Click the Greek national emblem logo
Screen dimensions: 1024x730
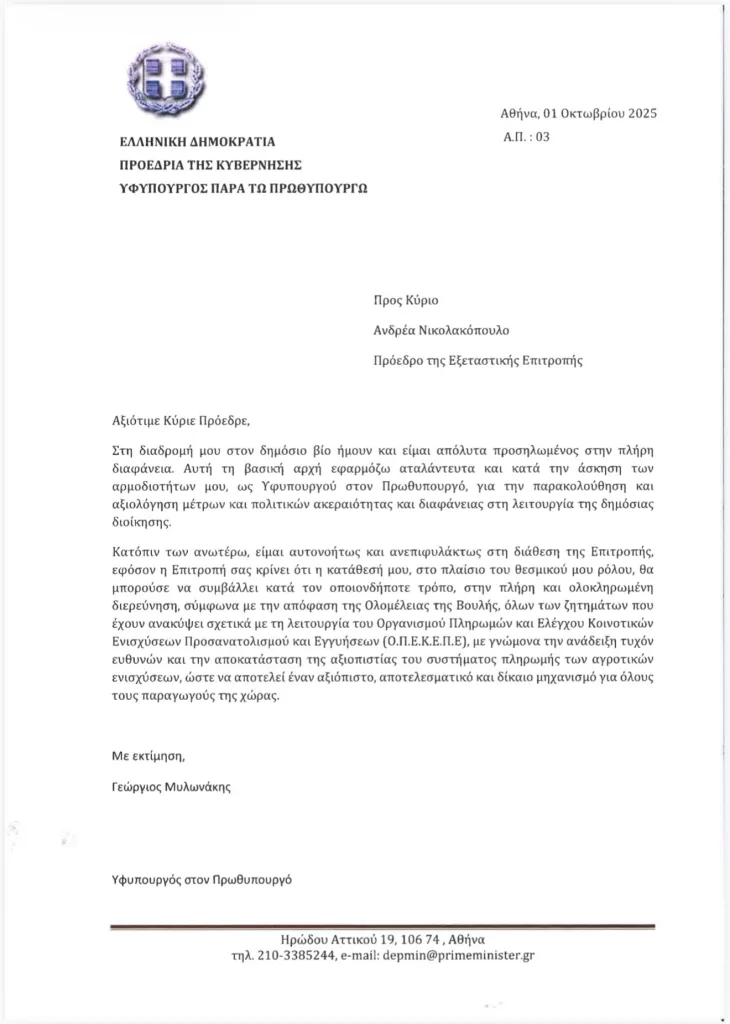pos(170,77)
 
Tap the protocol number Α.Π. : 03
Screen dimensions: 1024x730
pos(527,138)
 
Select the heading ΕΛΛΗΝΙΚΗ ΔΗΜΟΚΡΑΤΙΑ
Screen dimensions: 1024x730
pos(197,143)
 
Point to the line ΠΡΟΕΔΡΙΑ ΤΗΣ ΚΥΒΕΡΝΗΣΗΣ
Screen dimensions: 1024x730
pos(210,164)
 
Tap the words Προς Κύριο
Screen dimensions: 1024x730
pos(405,300)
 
